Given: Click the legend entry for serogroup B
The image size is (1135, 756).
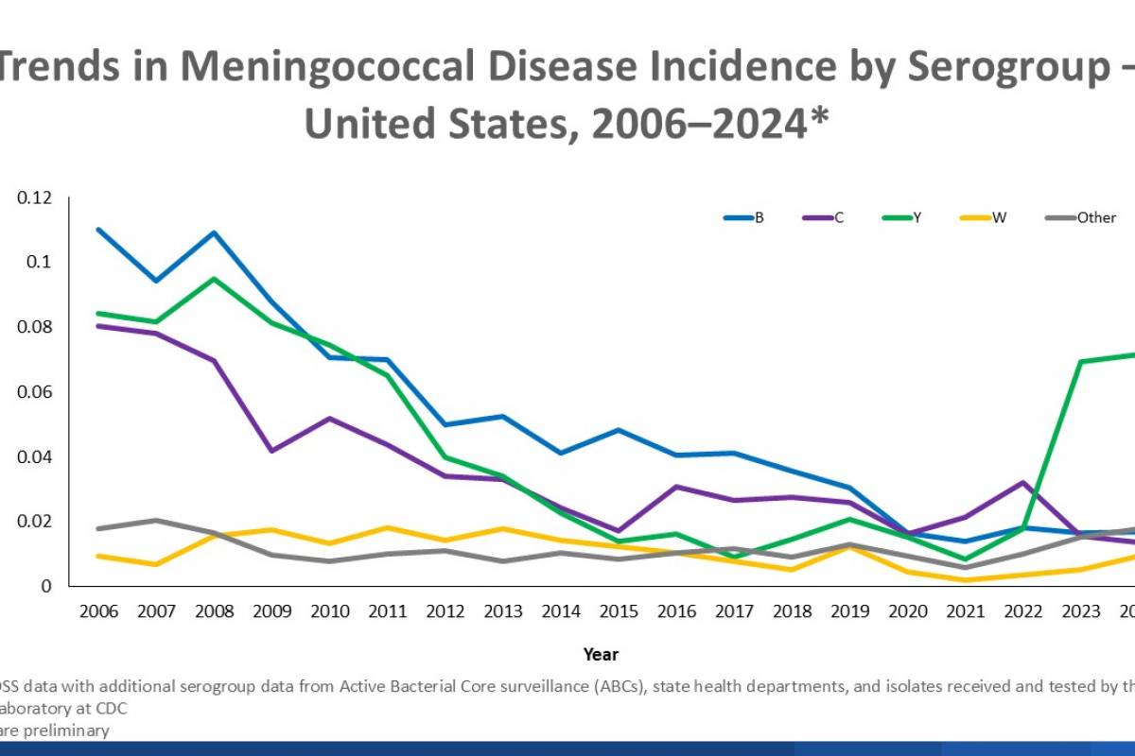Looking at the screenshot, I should (744, 217).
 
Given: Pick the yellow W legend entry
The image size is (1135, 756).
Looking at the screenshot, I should (985, 217).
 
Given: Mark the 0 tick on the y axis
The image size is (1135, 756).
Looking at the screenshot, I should (45, 587).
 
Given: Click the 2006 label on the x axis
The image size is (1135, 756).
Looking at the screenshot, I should (99, 612).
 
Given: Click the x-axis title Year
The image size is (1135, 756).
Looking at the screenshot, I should (602, 654).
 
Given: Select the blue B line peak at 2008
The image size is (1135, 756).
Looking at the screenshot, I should (216, 232).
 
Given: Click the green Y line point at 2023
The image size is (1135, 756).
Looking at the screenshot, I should (1080, 361).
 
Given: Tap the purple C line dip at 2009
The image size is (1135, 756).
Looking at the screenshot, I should (273, 451).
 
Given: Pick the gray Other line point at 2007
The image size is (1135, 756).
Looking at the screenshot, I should (157, 520).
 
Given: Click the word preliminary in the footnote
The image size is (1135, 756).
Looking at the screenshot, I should (69, 730).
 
